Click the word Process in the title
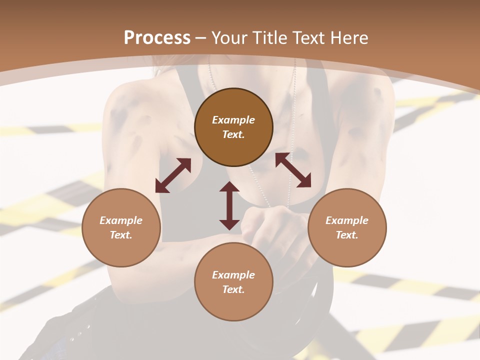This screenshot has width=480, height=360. coord(157,38)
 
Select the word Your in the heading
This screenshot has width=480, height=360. coord(229,38)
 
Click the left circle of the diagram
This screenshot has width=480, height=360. coord(121,227)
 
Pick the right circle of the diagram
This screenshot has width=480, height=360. coord(347,227)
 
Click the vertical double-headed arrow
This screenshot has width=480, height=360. coord(229,205)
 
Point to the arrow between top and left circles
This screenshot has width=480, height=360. coord(173,175)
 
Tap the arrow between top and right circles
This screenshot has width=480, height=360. coord(293,170)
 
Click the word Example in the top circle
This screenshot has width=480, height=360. coord(233,120)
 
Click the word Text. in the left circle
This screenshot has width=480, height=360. coord(121,235)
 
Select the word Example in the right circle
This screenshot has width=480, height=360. coord(347,220)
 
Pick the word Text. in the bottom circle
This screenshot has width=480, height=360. coord(233,289)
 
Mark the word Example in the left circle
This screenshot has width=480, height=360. coord(121,220)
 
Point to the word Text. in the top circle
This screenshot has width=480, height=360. coord(233,134)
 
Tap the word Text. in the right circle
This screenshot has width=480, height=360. coord(347,235)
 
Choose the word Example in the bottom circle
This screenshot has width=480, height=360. coord(233,275)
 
